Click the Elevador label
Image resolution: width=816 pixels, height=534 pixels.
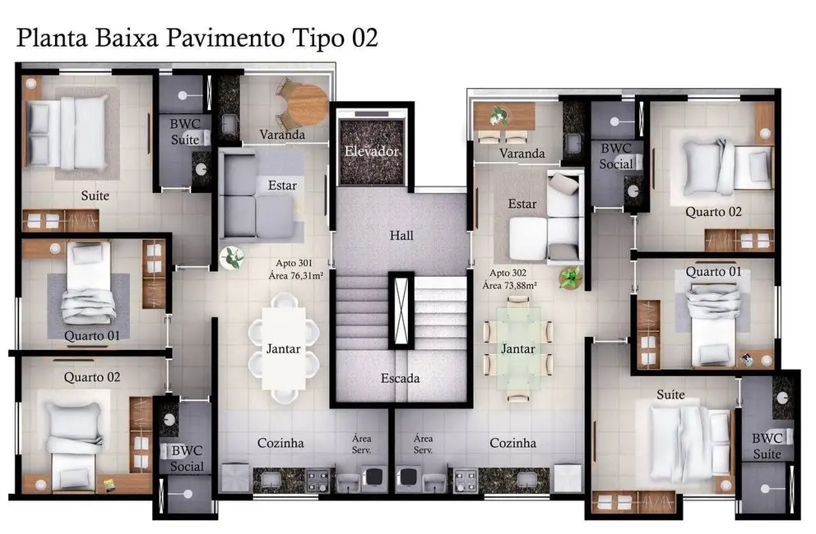[372, 152]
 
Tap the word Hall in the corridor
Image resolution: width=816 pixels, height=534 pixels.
[401, 236]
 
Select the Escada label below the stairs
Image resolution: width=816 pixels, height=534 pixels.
[401, 379]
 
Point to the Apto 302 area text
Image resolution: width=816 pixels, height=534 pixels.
[513, 279]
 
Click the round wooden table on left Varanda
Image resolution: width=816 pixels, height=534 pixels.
[308, 103]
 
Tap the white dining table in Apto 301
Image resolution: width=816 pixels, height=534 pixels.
[283, 348]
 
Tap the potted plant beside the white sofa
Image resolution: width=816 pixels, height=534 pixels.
[569, 277]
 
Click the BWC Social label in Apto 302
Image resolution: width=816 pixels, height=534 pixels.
[616, 156]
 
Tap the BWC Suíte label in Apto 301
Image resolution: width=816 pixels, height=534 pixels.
[184, 132]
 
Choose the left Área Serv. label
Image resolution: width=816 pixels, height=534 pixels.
[361, 444]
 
